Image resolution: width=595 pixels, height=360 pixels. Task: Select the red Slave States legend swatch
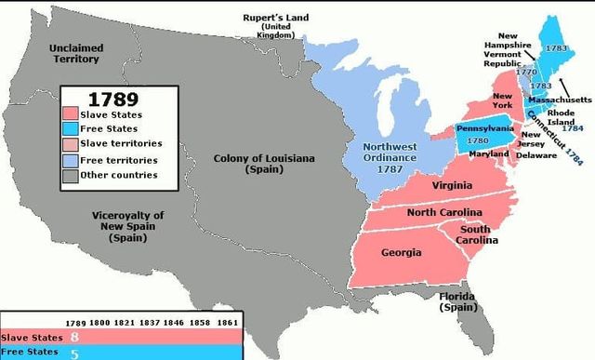74,114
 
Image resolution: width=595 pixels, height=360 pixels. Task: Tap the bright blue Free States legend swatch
74,129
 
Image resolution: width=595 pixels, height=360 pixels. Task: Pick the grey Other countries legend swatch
74,175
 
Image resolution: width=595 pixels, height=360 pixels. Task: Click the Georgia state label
401,252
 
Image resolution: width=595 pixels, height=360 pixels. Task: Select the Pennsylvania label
484,128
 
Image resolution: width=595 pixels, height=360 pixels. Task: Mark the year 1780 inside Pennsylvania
477,140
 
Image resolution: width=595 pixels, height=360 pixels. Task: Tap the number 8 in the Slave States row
74,337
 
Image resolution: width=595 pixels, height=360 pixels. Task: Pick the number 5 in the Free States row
74,352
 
